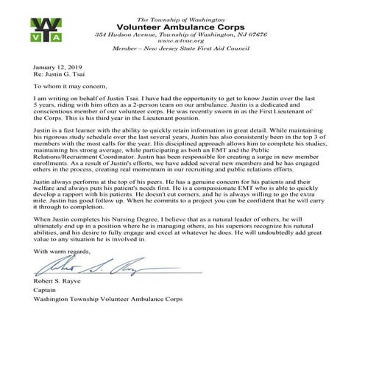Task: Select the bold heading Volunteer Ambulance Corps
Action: [x=182, y=25]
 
